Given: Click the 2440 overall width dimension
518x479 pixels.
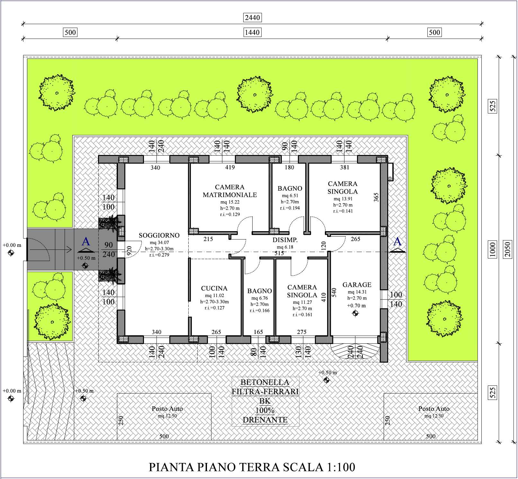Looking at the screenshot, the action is coord(252,18).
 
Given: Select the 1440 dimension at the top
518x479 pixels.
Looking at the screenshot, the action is coord(252,32).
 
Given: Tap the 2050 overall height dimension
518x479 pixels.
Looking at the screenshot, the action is coord(507,249).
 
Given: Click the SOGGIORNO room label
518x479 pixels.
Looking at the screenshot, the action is coord(159,235).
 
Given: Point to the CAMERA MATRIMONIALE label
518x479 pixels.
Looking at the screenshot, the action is coord(230,191).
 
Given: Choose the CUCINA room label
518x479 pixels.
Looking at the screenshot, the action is coord(214,288).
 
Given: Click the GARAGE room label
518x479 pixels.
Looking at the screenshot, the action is coord(357,285).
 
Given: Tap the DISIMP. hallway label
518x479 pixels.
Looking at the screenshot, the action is coord(285,240).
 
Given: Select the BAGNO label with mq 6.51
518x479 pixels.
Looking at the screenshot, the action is coord(290,188).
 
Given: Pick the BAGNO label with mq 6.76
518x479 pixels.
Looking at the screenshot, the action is coord(260,291).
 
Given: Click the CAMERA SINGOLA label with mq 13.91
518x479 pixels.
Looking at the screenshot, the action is coord(343,188).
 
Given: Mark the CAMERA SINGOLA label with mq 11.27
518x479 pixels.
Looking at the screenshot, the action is coord(302,291).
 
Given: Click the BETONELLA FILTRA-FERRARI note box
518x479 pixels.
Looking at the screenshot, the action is coord(265,401).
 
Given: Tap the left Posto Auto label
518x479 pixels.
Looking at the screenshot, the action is coord(167,409).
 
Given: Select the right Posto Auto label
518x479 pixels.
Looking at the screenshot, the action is coord(434,409).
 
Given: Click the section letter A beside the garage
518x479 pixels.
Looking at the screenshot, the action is coord(397,241).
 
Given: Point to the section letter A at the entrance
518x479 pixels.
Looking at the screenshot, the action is coord(86,241).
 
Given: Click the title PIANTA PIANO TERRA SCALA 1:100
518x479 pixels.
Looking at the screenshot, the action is coord(252,467).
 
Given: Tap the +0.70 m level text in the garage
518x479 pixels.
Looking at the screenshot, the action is coord(356,306).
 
